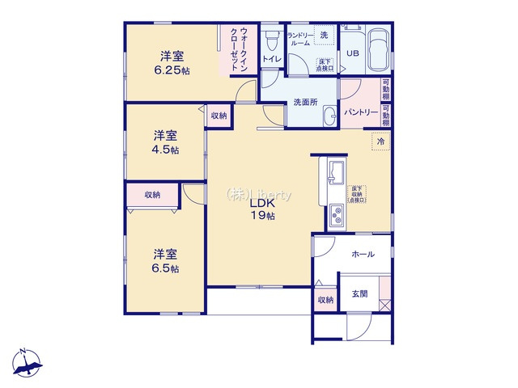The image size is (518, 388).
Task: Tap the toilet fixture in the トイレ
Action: coord(271,37)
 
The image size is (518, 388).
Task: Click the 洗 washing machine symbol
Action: coord(323,35)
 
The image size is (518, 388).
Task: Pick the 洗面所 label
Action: coord(305,102)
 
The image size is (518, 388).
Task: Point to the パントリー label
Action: coord(359,111)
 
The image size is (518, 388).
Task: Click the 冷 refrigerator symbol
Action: coord(381,142)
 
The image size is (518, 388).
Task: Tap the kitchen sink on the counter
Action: coord(336,171)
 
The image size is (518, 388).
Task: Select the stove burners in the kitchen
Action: coord(336,216)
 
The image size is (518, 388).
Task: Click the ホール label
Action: coord(363,255)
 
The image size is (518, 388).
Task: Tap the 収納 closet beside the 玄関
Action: coord(325,300)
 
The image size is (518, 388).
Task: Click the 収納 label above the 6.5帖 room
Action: coord(152,195)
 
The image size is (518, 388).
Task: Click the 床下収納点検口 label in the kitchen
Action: coord(356,194)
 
